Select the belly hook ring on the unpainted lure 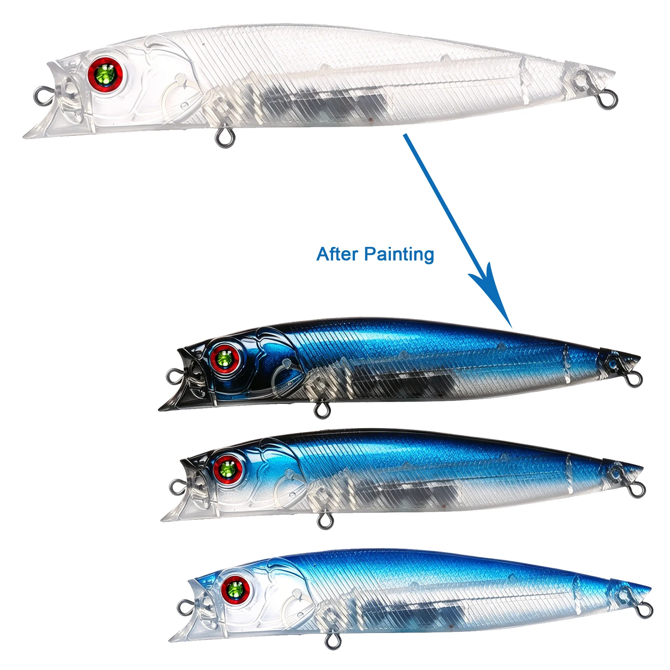pos(225,138)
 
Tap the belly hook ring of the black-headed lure pos(322,409)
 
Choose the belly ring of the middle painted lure pos(324,520)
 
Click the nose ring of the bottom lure pos(186,608)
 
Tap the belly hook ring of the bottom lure pos(333,640)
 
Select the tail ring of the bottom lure pos(644,610)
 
